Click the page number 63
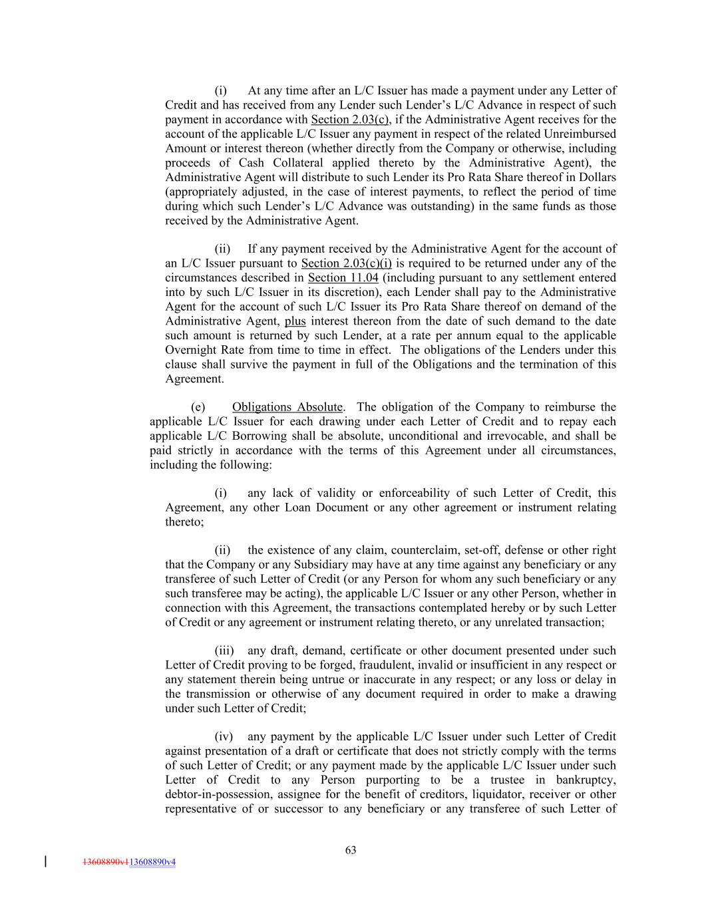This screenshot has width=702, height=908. [x=351, y=849]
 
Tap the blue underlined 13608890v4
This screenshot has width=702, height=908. [x=152, y=862]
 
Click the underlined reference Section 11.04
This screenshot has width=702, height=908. [x=343, y=277]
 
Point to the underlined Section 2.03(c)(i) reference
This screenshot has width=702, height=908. [x=346, y=263]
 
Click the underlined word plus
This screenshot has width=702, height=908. [x=295, y=321]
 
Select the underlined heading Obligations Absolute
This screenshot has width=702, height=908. [x=287, y=406]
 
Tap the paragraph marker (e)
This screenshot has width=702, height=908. [x=198, y=406]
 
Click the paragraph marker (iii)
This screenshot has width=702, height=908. [x=223, y=650]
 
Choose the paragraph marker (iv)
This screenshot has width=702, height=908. [x=223, y=736]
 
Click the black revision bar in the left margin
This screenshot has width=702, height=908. [x=45, y=862]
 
